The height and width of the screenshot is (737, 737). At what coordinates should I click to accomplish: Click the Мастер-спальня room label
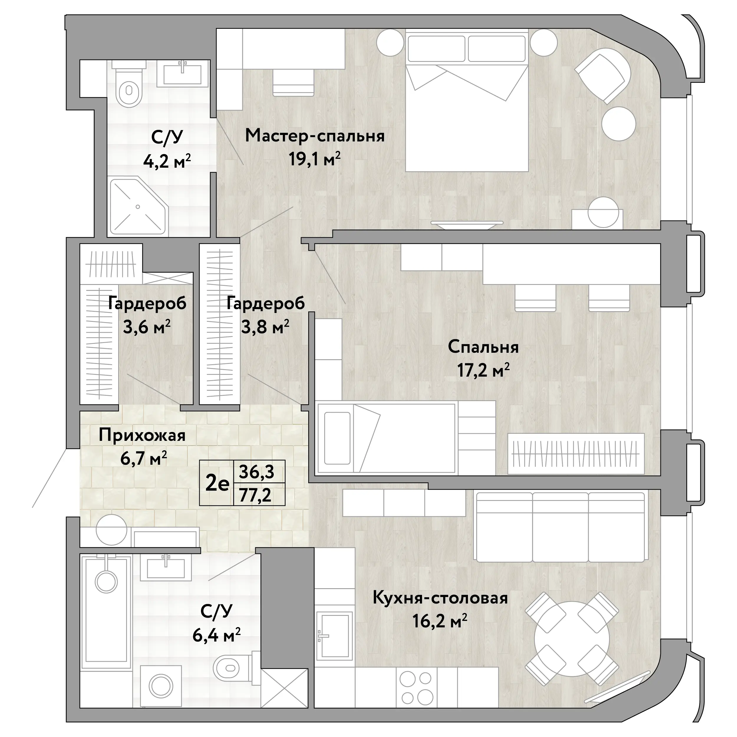pos(315,136)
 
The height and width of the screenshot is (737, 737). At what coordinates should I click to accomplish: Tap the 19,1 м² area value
pos(314,159)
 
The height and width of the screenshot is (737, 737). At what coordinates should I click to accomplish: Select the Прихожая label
pos(142,435)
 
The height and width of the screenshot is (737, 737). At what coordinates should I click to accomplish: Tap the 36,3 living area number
pos(256,472)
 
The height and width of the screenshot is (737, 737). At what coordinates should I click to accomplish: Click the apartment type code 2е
pos(217,484)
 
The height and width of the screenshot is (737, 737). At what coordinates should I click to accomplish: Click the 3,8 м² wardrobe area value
pos(265,327)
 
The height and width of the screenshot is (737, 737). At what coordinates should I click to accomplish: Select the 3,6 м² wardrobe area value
pos(146,327)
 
